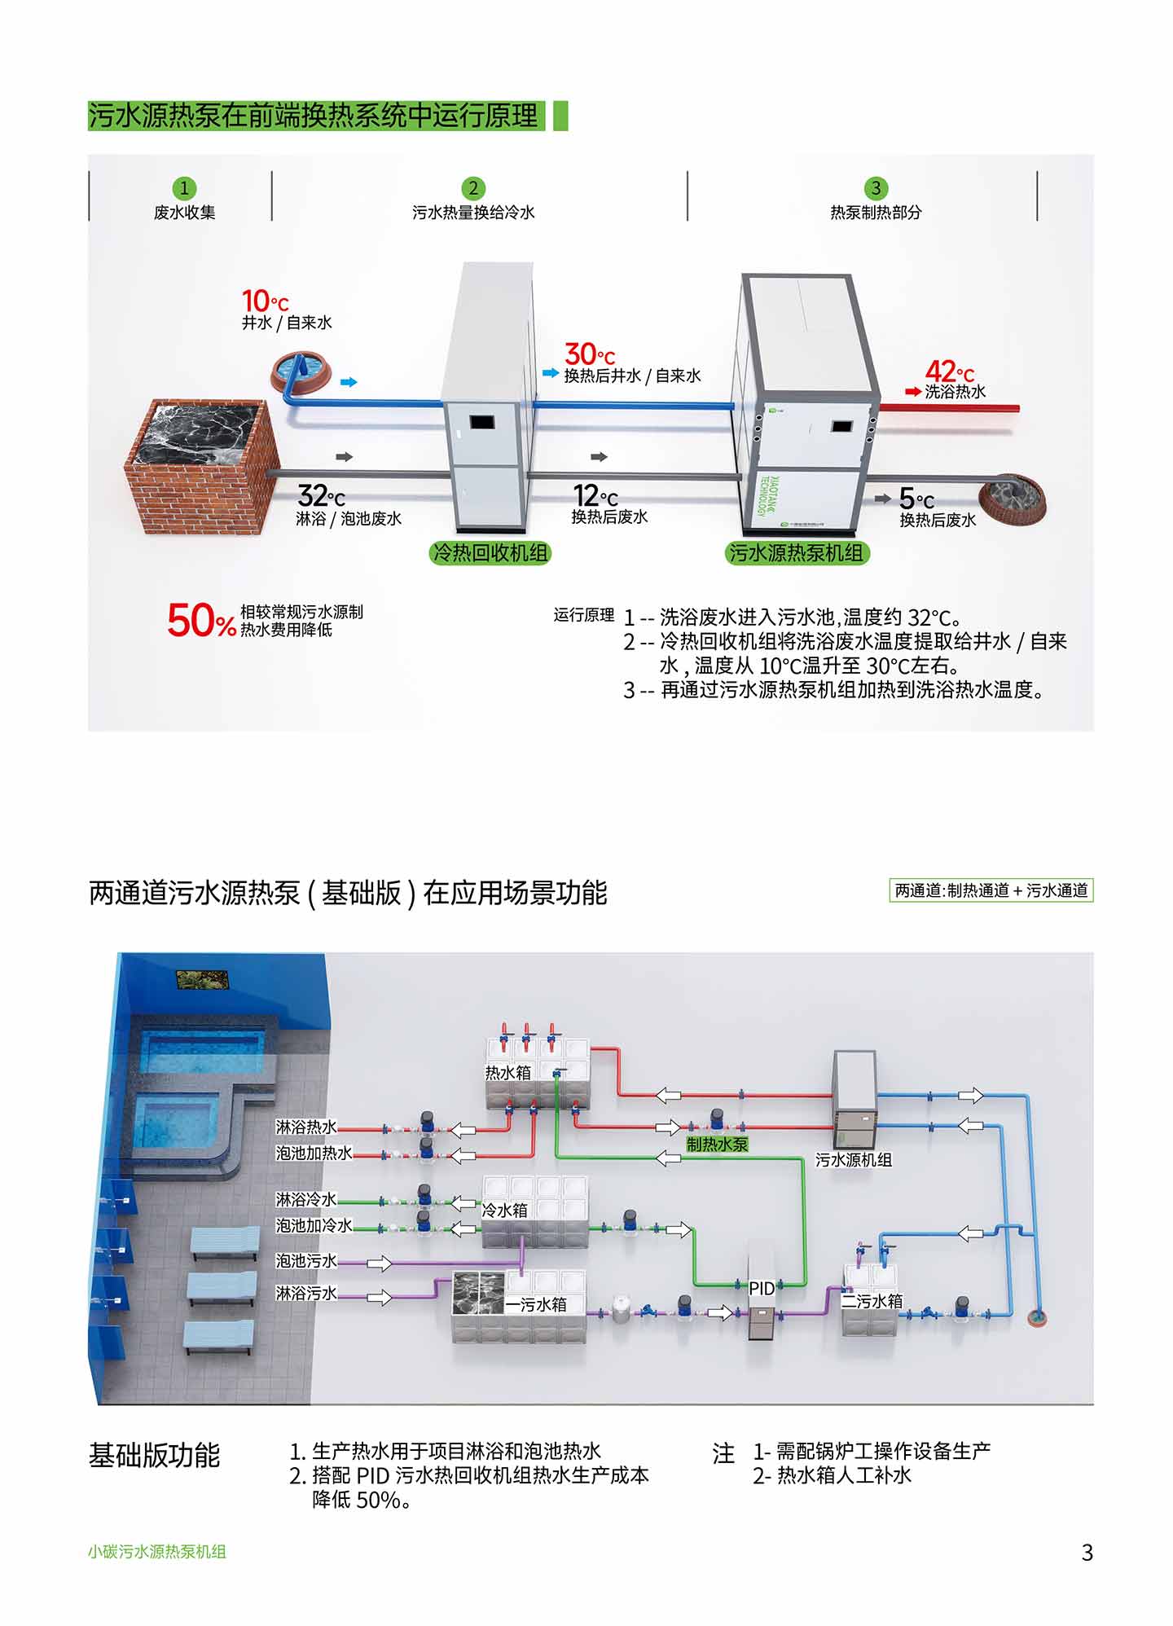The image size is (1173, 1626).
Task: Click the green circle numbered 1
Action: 184,188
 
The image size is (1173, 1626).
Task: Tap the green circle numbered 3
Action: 876,188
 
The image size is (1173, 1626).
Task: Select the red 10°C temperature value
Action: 265,301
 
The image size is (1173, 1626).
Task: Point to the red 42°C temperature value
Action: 949,371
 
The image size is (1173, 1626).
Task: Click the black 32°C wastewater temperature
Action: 321,495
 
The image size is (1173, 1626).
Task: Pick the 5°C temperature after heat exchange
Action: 916,498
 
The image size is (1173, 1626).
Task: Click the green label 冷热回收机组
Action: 490,553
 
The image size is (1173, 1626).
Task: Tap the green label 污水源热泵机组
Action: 796,553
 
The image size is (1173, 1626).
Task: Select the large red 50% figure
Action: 201,621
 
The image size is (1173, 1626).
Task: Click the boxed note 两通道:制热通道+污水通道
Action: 991,890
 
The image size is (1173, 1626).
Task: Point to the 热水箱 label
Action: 507,1073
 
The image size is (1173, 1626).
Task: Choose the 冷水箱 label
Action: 505,1211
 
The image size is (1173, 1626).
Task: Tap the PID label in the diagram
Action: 762,1289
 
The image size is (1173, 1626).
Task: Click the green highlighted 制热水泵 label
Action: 716,1144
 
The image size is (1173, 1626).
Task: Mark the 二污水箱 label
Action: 872,1301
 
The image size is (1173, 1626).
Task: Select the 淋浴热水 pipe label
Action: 305,1127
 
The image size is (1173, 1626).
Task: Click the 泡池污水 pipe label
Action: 305,1261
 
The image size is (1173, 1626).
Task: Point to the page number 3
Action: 1087,1553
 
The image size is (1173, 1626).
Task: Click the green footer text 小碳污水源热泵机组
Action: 157,1552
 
